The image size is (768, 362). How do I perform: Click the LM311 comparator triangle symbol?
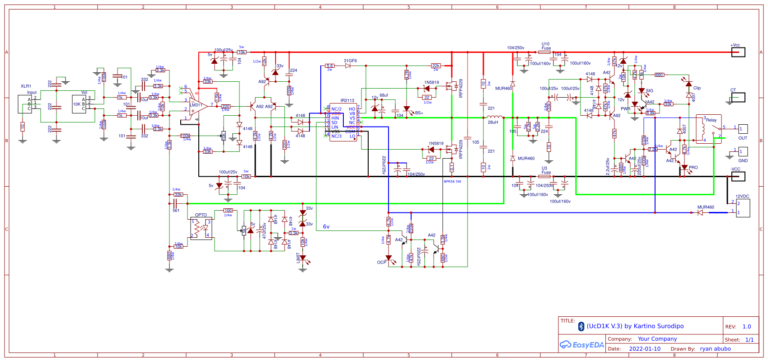197,108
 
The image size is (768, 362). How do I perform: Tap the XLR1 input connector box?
24,104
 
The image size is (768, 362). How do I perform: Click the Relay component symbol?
708,129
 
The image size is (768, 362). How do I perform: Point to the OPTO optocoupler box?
201,228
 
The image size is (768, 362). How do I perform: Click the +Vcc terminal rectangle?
738,52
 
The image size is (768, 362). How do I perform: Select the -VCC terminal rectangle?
738,176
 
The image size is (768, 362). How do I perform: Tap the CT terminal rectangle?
738,98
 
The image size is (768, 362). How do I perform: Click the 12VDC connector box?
743,208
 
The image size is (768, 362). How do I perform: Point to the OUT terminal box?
743,129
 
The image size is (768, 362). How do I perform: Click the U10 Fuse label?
546,46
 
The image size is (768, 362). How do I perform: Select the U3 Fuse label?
546,170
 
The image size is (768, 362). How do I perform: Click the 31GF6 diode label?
350,61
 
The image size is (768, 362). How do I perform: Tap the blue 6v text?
326,226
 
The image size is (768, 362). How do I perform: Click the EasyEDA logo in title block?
582,345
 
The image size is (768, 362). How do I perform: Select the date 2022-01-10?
644,349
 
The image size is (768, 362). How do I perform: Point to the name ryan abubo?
715,349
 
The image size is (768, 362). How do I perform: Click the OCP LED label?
381,262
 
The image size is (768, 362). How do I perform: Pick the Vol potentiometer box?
79,104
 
